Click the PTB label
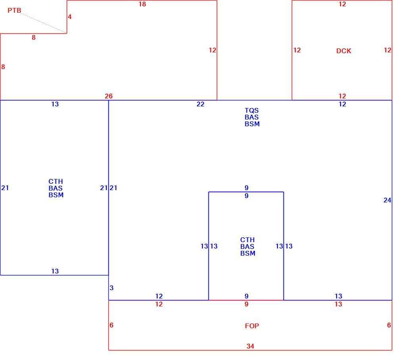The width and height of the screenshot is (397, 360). point(14,10)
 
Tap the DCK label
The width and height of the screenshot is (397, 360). point(343,51)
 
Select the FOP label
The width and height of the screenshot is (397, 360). point(252,326)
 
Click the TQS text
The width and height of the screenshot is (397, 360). point(252,110)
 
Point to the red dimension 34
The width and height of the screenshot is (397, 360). point(250,346)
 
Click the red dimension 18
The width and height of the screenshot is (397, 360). point(142,4)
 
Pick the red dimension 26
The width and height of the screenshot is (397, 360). point(109,96)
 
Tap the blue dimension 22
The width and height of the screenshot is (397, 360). point(200,104)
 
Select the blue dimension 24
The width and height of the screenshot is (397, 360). point(387,200)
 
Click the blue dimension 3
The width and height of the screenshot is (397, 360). point(112,288)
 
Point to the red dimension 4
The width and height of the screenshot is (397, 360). point(69,17)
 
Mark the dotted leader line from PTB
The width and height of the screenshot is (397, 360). point(44,23)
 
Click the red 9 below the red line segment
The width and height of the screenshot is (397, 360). point(247,304)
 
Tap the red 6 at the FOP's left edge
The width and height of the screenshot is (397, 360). point(112,325)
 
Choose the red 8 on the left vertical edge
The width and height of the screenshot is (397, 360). point(3,67)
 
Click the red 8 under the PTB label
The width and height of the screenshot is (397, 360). point(34,37)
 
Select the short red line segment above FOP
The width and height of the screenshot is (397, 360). point(246,300)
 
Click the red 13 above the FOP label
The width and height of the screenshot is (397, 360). point(338,304)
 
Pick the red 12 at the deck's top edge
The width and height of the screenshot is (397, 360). point(342,4)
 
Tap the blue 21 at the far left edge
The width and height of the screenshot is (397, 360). point(5,188)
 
